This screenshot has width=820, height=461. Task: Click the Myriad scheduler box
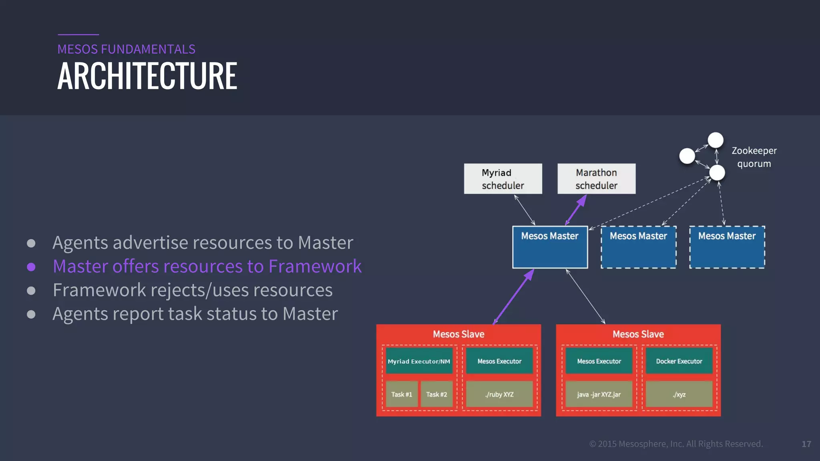coord(503,179)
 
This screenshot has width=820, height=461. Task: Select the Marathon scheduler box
coord(596,179)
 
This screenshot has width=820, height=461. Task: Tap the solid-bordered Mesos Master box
coord(550,247)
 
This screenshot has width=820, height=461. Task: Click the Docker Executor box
coord(679,361)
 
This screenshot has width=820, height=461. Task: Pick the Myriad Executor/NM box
coord(419,361)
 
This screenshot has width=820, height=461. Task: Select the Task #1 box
coord(402,394)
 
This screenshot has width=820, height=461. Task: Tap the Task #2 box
coord(436,394)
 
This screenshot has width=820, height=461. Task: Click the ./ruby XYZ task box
coord(499,394)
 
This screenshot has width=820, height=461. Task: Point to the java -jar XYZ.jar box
coord(599,394)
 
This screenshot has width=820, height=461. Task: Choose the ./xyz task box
coord(679,394)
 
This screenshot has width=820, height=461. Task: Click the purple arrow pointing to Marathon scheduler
coord(576,210)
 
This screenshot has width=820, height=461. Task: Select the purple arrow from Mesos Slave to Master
coord(513,297)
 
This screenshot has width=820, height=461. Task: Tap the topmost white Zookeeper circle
coord(715,140)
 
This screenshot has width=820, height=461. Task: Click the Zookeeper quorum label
coord(754,157)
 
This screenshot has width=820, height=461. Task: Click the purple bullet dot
coord(31,267)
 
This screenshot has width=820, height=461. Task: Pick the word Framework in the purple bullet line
coord(315,267)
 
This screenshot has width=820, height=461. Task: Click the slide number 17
coord(806,444)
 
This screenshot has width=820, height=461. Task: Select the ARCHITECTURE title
coord(147,76)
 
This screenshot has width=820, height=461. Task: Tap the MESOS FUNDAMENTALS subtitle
coord(126,49)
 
